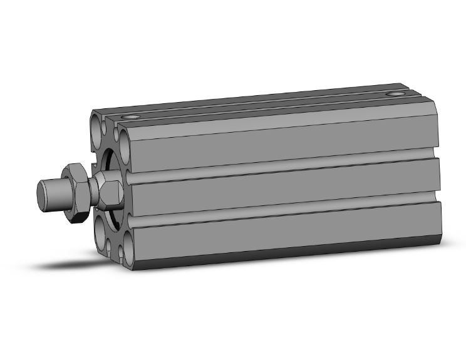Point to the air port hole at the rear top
pyautogui.click(x=395, y=95)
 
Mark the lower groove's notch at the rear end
pyautogui.click(x=433, y=198)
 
